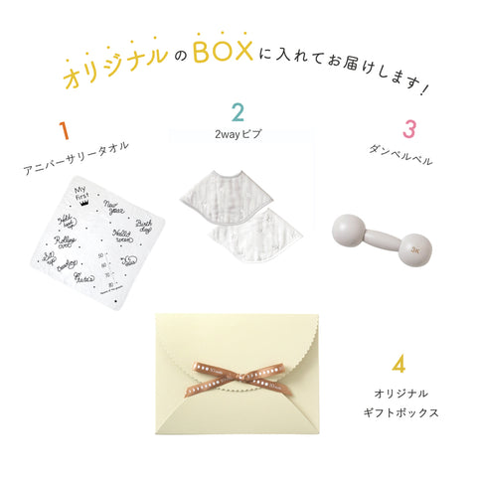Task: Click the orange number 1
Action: pos(65,131)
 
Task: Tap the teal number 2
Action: pos(238,112)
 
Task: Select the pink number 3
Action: pos(408,130)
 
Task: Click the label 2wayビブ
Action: pos(238,133)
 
